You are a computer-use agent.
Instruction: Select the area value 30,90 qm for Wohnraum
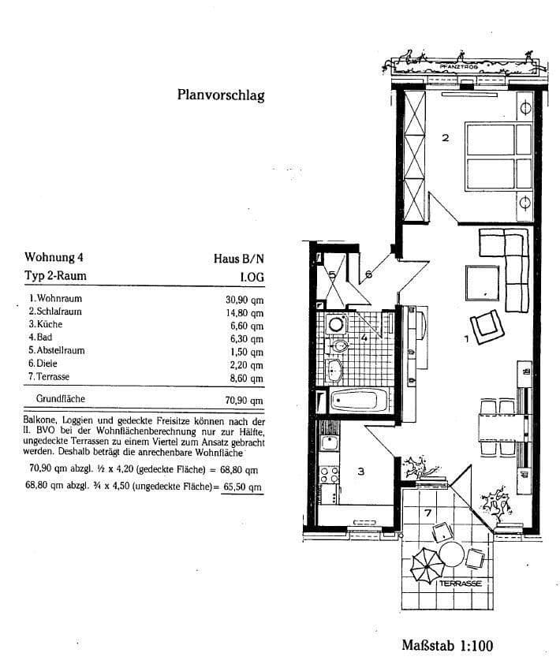[x=244, y=300]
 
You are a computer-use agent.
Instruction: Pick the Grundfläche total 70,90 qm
[x=244, y=400]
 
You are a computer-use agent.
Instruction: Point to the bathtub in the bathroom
[x=358, y=401]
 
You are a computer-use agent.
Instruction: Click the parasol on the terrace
[x=427, y=565]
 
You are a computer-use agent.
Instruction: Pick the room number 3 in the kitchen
[x=360, y=472]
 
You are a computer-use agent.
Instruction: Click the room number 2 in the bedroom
[x=445, y=138]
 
